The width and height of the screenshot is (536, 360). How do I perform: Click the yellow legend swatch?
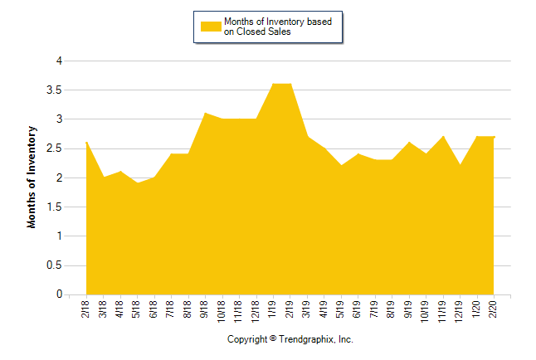tap(211, 27)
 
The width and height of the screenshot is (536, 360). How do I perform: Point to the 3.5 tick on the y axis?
tap(57, 90)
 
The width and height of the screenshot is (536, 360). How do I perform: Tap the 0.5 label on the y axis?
tap(57, 265)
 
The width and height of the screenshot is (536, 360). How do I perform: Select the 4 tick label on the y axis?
tap(60, 61)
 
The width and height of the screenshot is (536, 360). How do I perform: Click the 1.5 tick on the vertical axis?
tap(57, 207)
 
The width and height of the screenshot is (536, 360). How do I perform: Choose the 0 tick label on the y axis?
tap(60, 294)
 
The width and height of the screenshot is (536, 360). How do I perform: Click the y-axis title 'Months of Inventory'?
tap(33, 178)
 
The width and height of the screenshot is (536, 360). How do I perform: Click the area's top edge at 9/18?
tap(205, 113)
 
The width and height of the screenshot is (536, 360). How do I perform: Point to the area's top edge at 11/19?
tap(443, 136)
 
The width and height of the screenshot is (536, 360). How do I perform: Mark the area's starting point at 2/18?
tap(86, 142)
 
